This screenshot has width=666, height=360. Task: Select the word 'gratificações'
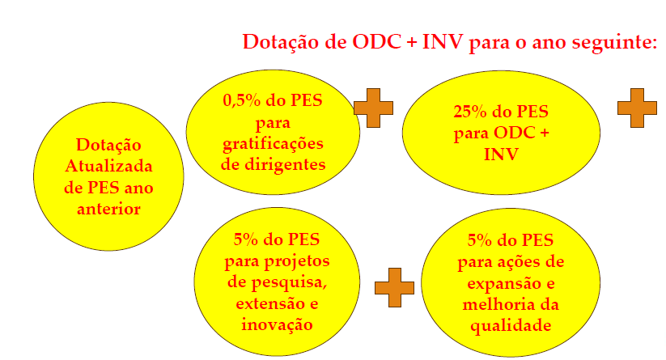[273, 144]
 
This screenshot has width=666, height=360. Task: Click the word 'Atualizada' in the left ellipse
[108, 166]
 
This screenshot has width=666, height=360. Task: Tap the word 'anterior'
[108, 209]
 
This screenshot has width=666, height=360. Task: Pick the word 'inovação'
[277, 325]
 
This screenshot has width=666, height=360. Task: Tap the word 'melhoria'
[494, 305]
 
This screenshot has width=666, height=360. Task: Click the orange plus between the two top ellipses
[373, 108]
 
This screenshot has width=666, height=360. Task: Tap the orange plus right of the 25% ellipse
[637, 108]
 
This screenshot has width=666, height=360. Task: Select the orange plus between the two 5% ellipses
[394, 287]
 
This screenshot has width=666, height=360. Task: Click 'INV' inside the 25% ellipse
[501, 155]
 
